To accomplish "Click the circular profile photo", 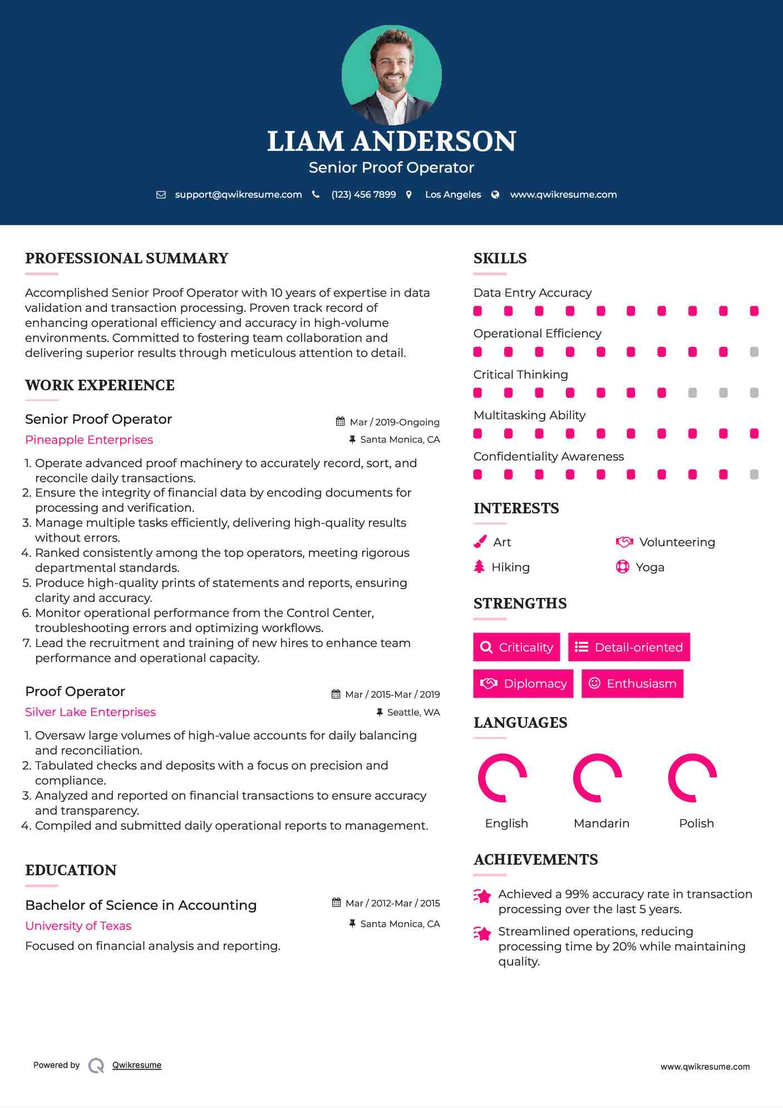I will pyautogui.click(x=391, y=75).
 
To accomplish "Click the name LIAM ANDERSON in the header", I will pyautogui.click(x=391, y=141).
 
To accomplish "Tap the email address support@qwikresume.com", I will pyautogui.click(x=238, y=194).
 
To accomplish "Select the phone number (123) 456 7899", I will pyautogui.click(x=363, y=194).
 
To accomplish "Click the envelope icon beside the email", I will pyautogui.click(x=161, y=195).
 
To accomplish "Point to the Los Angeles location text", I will pyautogui.click(x=453, y=194).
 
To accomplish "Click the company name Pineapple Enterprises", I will pyautogui.click(x=89, y=440).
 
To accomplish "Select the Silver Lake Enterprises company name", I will pyautogui.click(x=90, y=712).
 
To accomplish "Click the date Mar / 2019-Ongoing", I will pyautogui.click(x=394, y=422).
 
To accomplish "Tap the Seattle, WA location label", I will pyautogui.click(x=413, y=712).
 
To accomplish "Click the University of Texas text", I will pyautogui.click(x=78, y=926).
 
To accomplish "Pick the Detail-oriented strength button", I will pyautogui.click(x=629, y=647).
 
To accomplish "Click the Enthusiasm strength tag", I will pyautogui.click(x=632, y=683).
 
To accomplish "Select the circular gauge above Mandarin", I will pyautogui.click(x=597, y=778).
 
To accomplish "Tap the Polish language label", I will pyautogui.click(x=696, y=823).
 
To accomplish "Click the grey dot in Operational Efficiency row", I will pyautogui.click(x=754, y=352).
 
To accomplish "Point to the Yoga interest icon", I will pyautogui.click(x=622, y=567).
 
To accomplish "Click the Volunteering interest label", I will pyautogui.click(x=677, y=542).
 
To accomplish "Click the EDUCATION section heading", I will pyautogui.click(x=71, y=870).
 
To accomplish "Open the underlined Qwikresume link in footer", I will pyautogui.click(x=137, y=1065).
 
